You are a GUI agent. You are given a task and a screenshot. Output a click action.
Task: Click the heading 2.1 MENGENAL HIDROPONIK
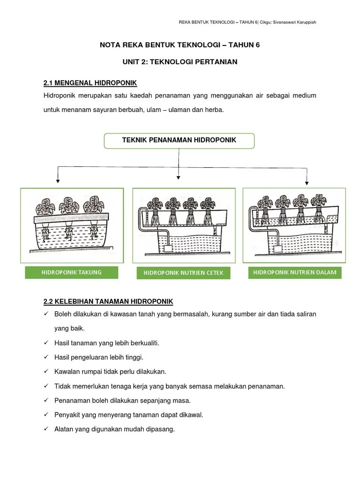90,83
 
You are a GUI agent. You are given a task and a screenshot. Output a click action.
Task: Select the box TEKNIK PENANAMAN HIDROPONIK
179,140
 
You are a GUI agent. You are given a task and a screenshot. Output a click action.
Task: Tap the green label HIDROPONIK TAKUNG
72,272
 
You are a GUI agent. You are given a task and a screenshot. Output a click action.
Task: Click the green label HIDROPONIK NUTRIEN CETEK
183,273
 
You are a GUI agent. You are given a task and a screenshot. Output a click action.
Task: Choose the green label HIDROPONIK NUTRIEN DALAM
294,272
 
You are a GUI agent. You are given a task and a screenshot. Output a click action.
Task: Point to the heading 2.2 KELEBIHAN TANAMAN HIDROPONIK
108,300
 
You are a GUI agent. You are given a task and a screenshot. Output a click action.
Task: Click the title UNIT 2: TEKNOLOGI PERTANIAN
180,61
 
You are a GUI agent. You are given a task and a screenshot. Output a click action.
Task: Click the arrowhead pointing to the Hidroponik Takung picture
57,180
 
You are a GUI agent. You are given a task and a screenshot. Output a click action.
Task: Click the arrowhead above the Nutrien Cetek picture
178,177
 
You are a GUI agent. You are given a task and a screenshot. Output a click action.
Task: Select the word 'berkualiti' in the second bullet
144,343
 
